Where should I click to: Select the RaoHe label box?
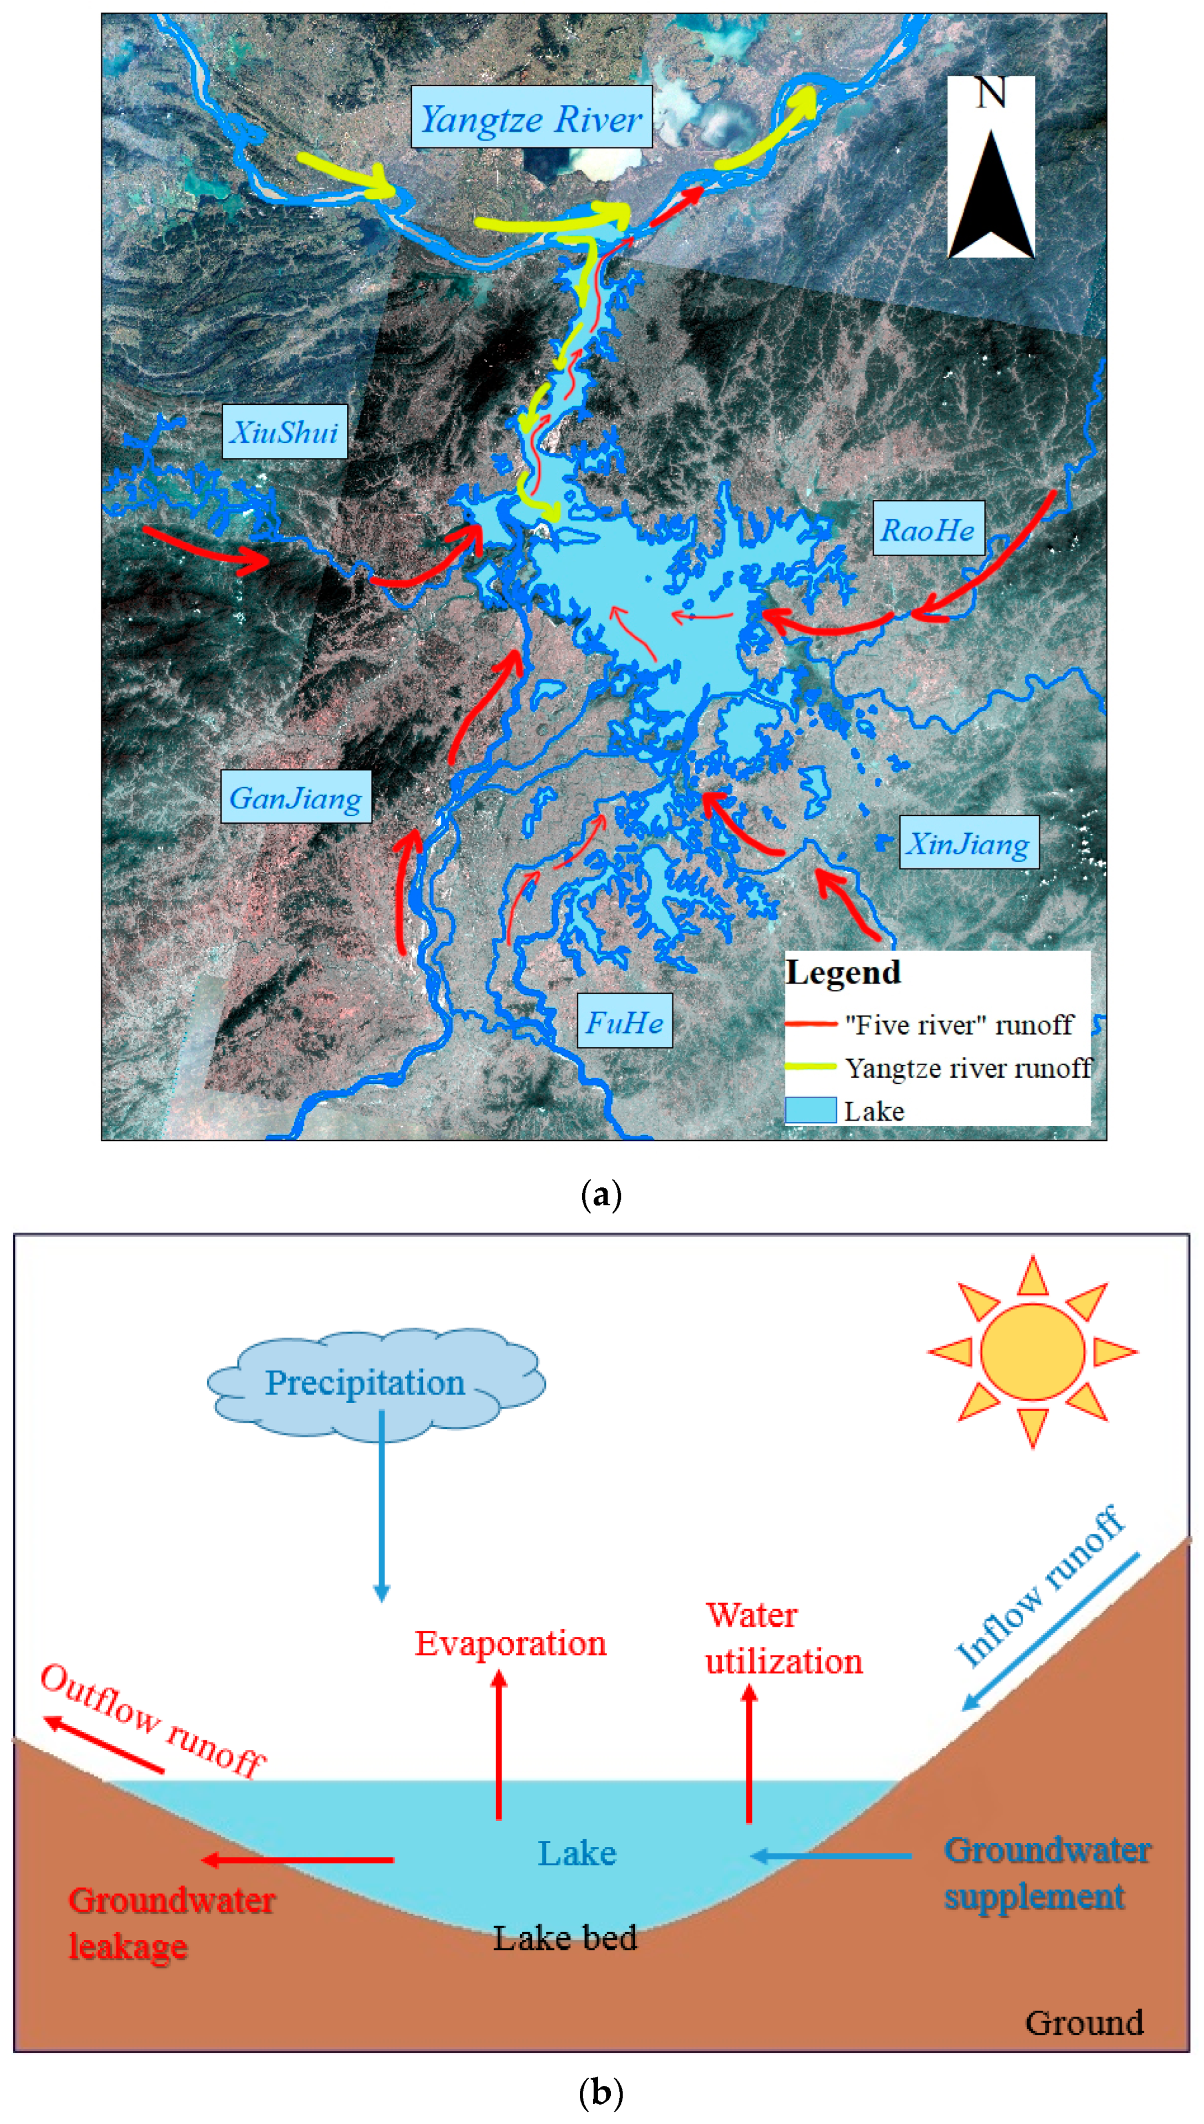click(x=928, y=529)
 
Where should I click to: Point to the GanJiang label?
click(x=295, y=797)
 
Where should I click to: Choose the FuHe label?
click(x=624, y=1021)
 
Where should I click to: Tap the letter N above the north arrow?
click(x=991, y=93)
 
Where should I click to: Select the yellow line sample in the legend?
click(x=810, y=1067)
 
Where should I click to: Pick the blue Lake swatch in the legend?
click(x=810, y=1110)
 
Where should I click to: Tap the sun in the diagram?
click(x=1032, y=1351)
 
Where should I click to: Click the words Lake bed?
click(x=565, y=1938)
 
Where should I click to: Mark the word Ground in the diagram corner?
click(x=1084, y=2022)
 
